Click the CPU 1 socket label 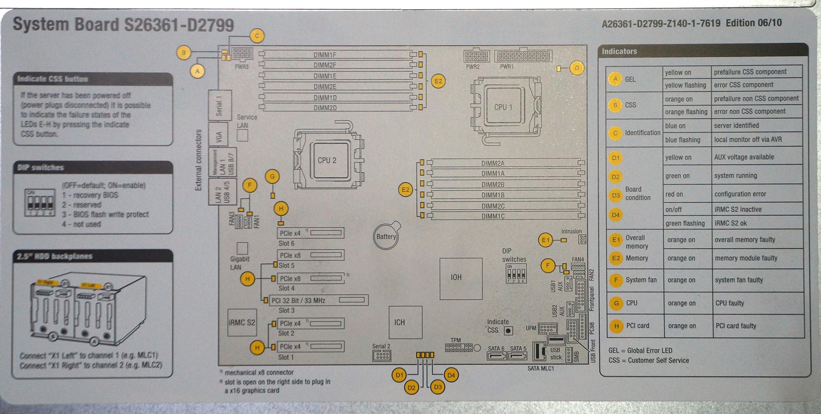[x=503, y=107]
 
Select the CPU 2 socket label [x=327, y=160]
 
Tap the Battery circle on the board [x=386, y=236]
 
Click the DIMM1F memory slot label [x=325, y=55]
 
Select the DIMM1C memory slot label [x=493, y=216]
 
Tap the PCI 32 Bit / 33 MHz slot [x=316, y=301]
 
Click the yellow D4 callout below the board [x=451, y=375]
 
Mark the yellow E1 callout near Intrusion [x=545, y=240]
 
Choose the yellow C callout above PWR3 [x=257, y=36]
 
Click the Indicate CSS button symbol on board [x=508, y=330]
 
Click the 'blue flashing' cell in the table [x=683, y=140]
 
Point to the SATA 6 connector [x=496, y=354]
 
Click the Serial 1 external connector [x=219, y=105]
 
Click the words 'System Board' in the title [x=66, y=24]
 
